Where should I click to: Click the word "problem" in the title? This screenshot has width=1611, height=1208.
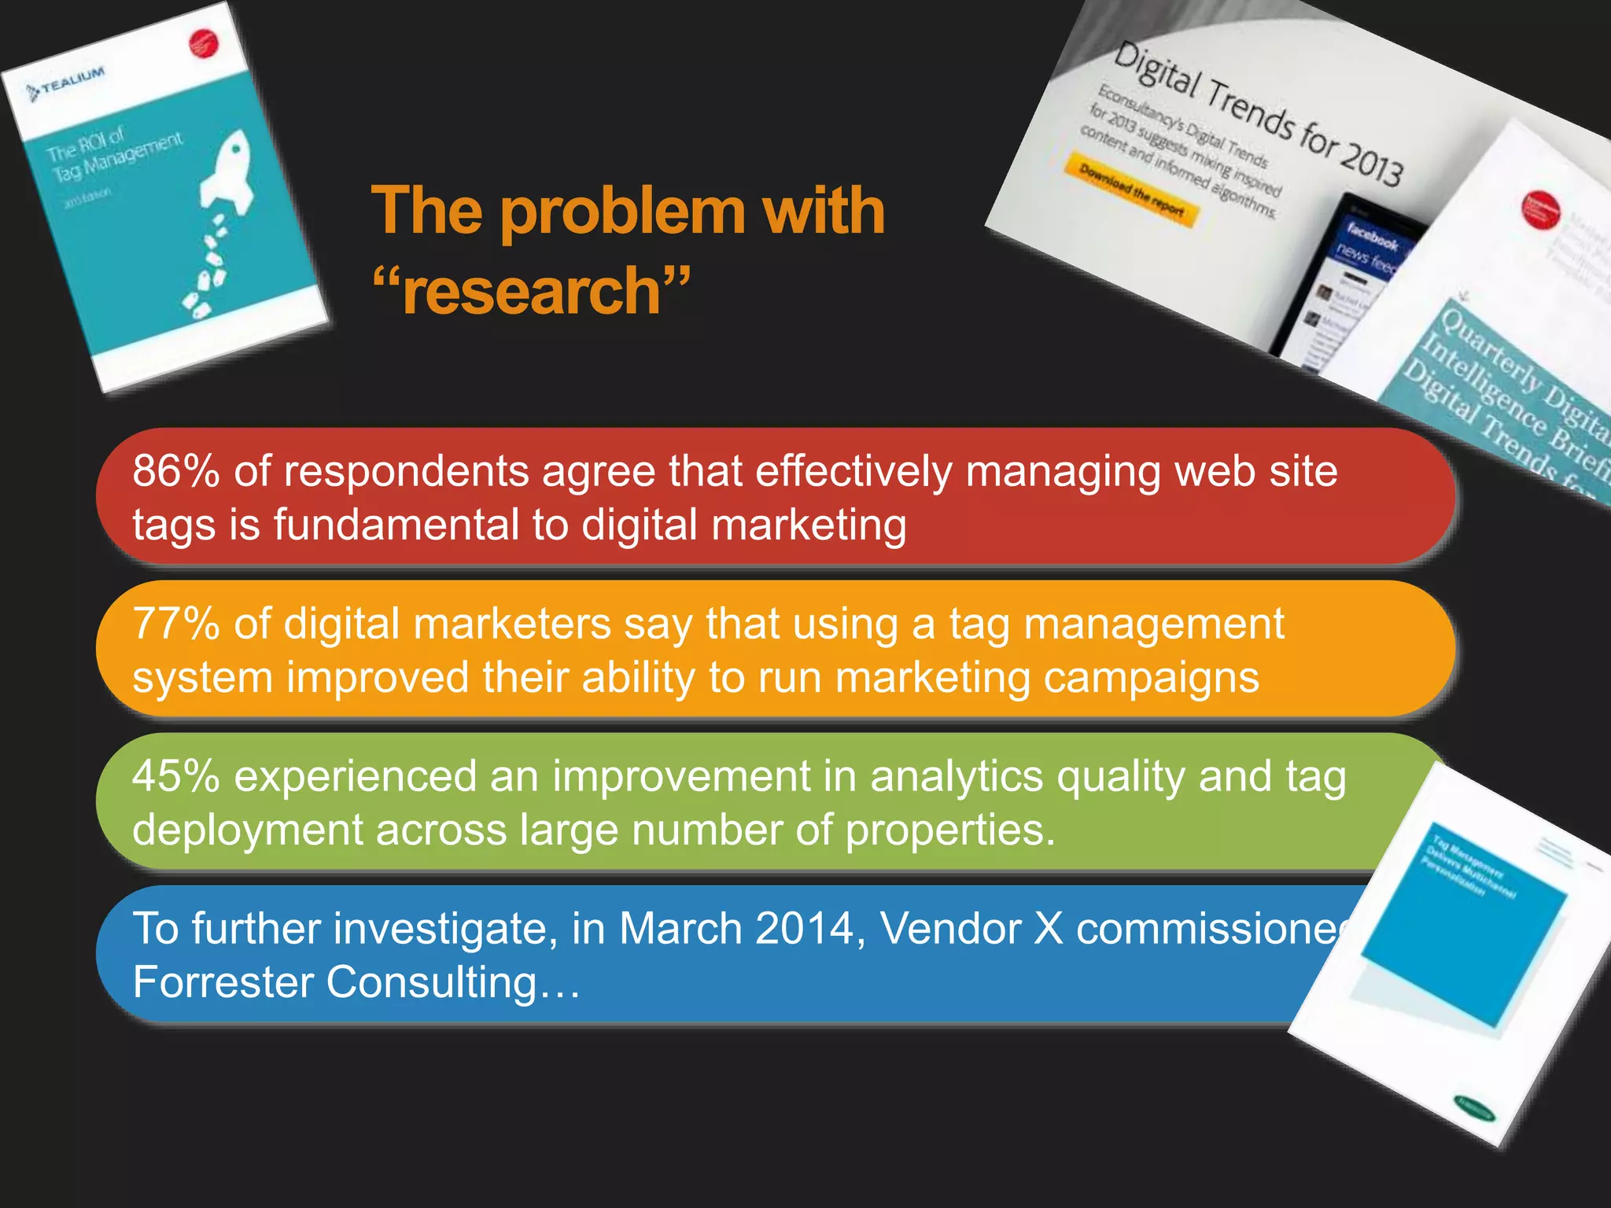621,212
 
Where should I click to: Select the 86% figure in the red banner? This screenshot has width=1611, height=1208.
175,472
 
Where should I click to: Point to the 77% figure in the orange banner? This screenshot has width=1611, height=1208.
175,624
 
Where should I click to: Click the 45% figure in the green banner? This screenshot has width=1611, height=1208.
175,777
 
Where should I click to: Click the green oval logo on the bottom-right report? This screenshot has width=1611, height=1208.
1473,1109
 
